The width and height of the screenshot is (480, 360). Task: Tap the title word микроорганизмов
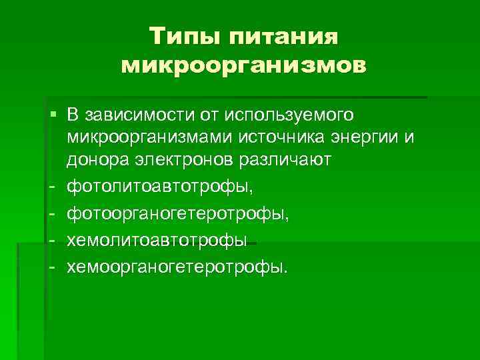243,66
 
